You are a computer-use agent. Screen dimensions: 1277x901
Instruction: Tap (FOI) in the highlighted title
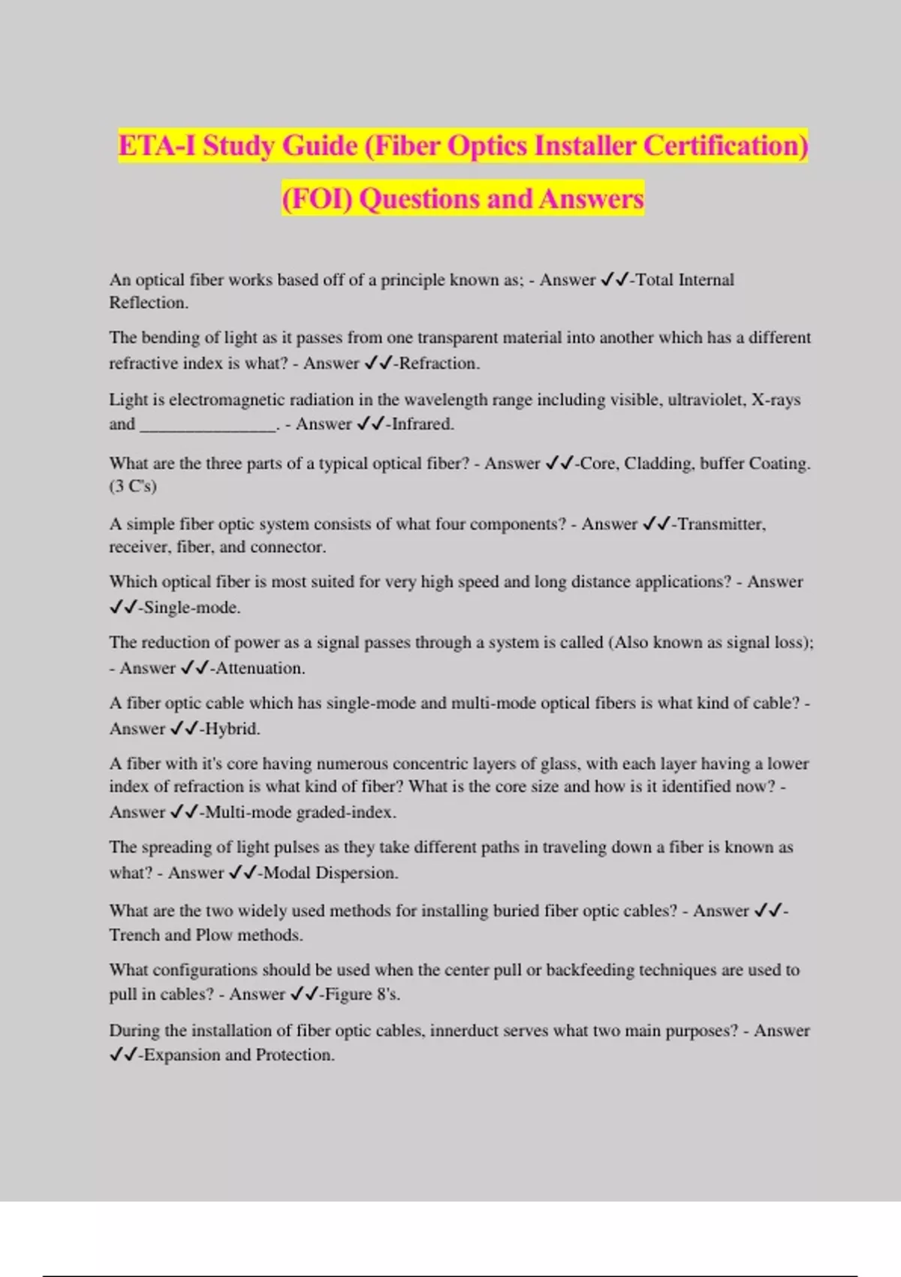click(x=316, y=198)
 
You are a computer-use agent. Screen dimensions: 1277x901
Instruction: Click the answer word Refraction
click(x=439, y=364)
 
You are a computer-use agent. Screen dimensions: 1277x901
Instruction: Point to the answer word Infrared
click(x=423, y=424)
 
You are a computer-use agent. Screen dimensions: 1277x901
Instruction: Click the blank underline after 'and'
click(x=209, y=425)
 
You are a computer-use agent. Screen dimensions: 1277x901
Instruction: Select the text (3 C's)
click(x=133, y=486)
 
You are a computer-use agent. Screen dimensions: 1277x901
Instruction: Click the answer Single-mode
click(x=191, y=608)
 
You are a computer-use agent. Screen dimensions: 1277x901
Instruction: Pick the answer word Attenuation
click(x=260, y=669)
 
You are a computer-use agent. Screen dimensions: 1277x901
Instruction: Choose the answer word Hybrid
click(x=232, y=729)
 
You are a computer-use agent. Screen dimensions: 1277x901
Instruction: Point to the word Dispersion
click(x=357, y=873)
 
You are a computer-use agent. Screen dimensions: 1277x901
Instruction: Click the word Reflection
click(x=149, y=303)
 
